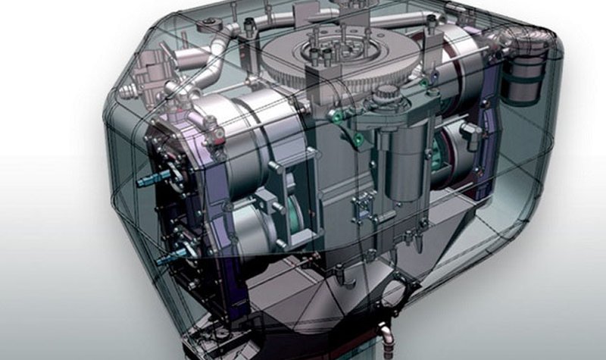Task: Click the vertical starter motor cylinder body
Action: point(402,167)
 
